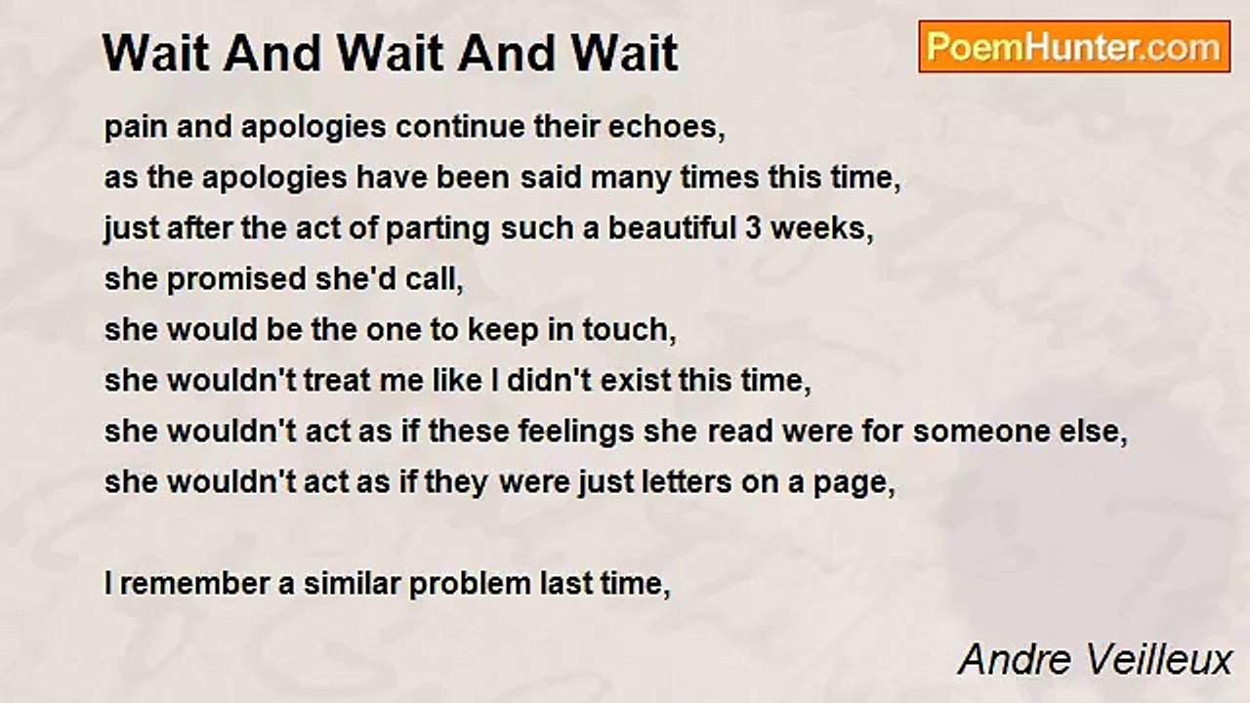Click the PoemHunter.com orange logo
[1074, 47]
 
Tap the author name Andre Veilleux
[1095, 660]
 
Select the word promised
[236, 280]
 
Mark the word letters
[687, 482]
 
